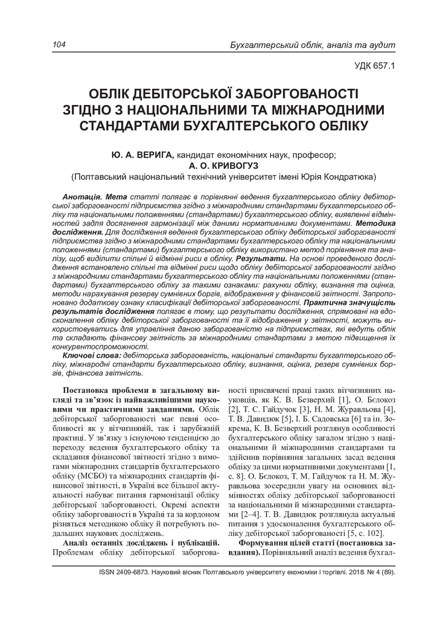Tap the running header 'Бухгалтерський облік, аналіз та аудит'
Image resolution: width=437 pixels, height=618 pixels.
[x=313, y=45]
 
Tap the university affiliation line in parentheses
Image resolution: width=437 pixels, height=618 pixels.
[x=223, y=177]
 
